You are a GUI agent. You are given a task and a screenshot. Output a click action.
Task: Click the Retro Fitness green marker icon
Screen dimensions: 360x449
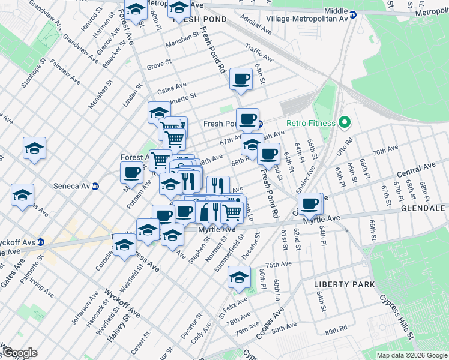tap(344, 123)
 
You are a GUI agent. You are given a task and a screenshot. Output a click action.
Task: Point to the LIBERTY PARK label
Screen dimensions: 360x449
tap(345, 284)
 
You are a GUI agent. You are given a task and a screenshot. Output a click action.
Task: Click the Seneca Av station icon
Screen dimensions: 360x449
tap(95, 186)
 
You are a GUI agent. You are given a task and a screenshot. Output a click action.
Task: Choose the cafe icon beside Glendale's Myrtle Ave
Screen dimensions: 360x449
tap(310, 204)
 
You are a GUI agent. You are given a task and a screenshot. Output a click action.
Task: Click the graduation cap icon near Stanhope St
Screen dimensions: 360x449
tap(34, 148)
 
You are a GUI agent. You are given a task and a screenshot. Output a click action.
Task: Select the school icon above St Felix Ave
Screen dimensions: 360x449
tap(239, 278)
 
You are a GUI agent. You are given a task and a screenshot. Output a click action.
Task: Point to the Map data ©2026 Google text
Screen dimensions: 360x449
tap(412, 355)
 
